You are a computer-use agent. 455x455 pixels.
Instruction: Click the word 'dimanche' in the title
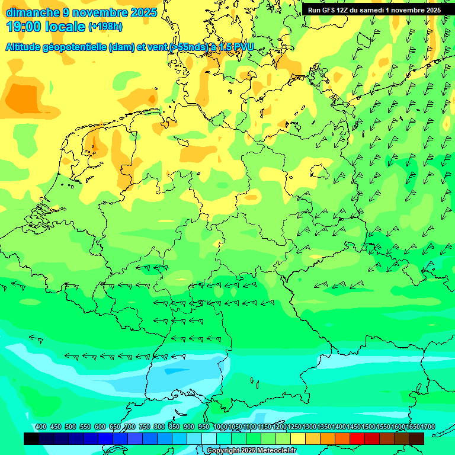[32, 12]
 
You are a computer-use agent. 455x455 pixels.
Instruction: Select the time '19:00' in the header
[25, 27]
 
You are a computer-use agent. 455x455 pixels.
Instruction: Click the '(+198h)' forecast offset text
[105, 27]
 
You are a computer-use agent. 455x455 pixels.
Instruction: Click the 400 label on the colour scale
[40, 427]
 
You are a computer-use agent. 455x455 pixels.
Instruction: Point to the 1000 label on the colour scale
[220, 427]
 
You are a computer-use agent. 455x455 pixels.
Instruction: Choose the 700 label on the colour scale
[130, 427]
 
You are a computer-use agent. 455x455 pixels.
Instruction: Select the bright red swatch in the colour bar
[357, 439]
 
